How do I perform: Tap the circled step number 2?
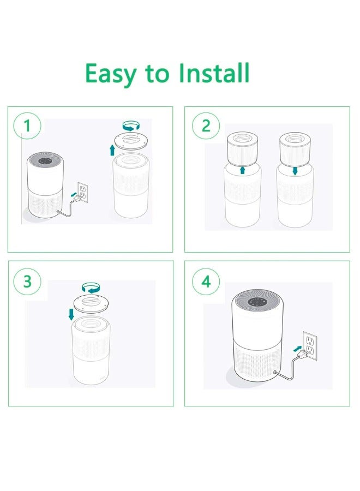(206, 126)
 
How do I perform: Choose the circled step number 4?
(206, 282)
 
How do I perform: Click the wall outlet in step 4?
(310, 344)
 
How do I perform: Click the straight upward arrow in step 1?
(112, 149)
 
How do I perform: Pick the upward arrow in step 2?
(243, 171)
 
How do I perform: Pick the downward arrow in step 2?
(295, 171)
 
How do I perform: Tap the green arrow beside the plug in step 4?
(296, 347)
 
